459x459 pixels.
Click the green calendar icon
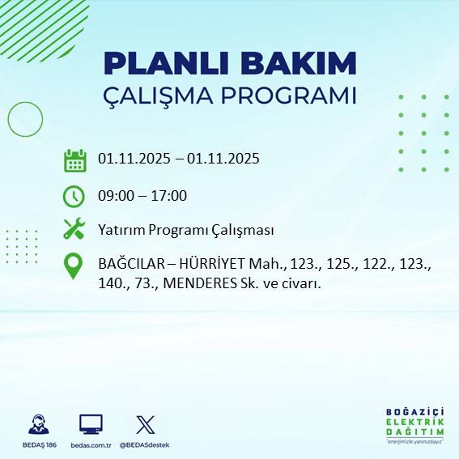click(74, 160)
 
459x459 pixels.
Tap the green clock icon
click(74, 195)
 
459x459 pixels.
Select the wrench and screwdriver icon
click(74, 229)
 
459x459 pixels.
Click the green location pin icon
click(74, 266)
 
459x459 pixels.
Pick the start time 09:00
click(115, 195)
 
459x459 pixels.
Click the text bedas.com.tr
click(91, 445)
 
